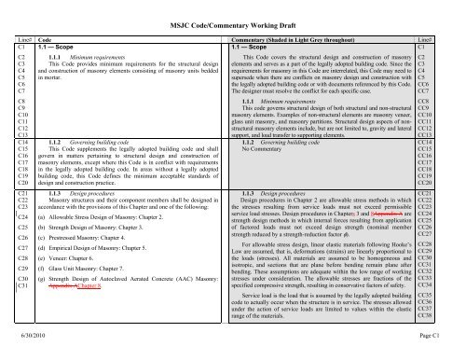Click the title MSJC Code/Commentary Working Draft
231,9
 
